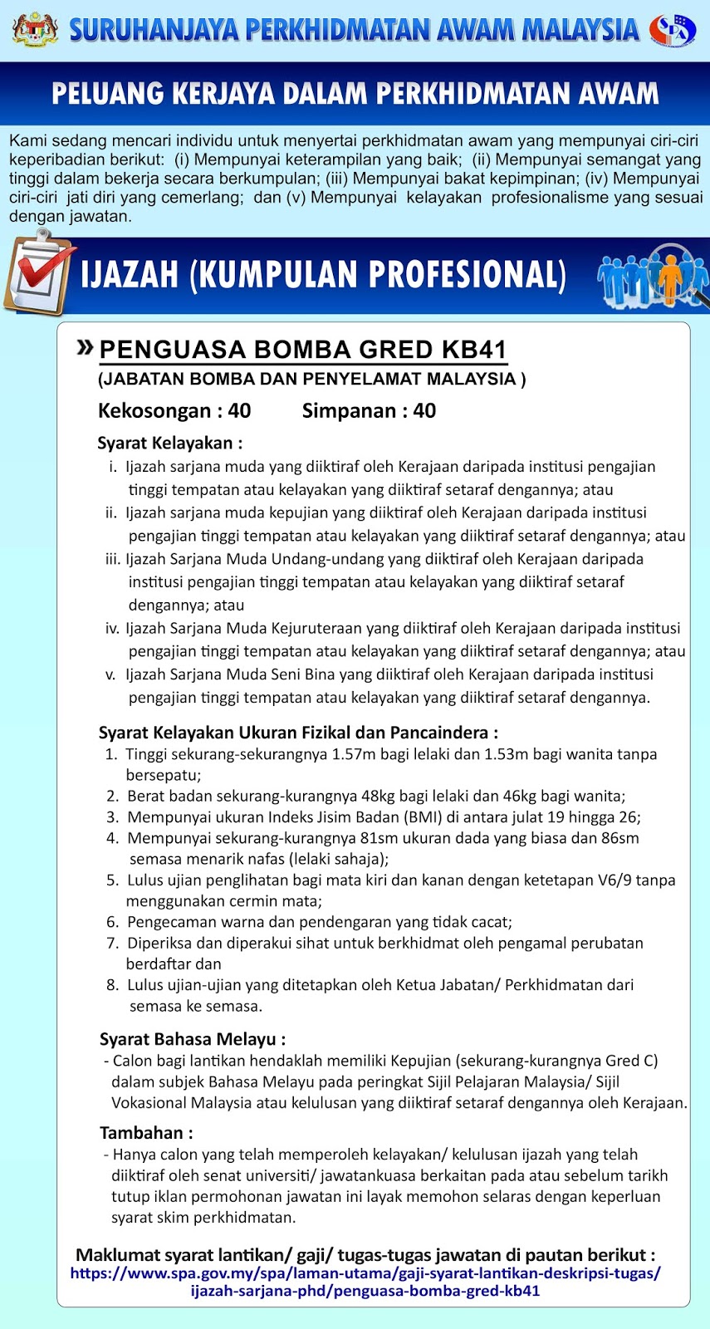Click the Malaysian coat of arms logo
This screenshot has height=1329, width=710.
(x=35, y=29)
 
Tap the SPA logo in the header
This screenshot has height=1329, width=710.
(x=672, y=31)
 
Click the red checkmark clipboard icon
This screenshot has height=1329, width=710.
(x=37, y=275)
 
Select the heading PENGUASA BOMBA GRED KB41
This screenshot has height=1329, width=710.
(x=302, y=350)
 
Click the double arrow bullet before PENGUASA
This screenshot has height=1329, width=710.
(x=85, y=347)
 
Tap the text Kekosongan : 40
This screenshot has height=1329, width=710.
(x=174, y=411)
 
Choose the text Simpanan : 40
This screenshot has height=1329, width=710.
(x=369, y=411)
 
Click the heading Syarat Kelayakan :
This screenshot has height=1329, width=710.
(x=170, y=444)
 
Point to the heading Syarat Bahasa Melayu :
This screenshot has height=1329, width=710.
(x=193, y=1039)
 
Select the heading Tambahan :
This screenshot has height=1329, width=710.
(x=146, y=1133)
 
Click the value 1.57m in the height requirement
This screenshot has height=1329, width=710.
(x=353, y=754)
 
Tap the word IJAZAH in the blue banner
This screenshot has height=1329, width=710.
(x=130, y=275)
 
